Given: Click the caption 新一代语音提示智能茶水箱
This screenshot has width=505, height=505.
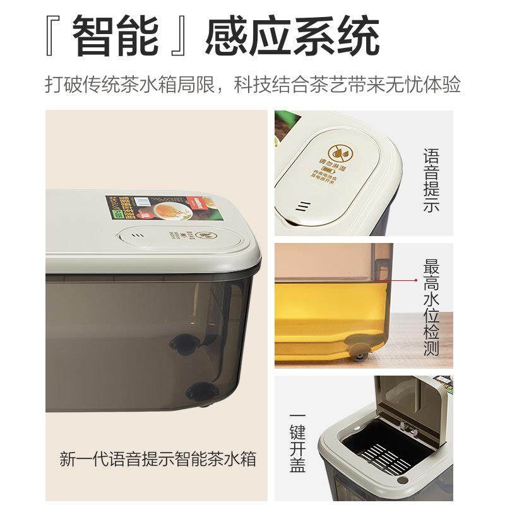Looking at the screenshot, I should (158, 458).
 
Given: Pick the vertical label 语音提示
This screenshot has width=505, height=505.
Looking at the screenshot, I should (431, 180).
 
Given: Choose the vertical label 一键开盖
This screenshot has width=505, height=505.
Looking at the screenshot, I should (297, 440).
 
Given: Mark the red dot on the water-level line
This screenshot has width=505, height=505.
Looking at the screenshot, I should (417, 278).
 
